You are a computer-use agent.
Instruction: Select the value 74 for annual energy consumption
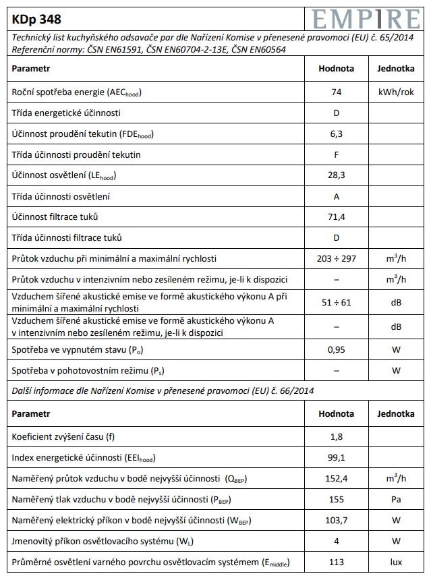336,92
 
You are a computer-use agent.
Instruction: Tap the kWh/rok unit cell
396,92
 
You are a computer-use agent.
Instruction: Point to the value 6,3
336,134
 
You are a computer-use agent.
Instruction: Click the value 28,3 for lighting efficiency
336,175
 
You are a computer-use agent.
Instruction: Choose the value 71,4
336,217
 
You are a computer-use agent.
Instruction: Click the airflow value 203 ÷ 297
336,259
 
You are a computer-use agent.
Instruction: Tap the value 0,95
336,349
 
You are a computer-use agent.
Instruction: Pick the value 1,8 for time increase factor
336,437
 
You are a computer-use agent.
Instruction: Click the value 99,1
336,458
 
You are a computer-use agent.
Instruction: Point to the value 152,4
336,479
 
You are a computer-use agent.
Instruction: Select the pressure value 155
336,500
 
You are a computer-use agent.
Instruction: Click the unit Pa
396,500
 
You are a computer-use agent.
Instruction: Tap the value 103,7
336,521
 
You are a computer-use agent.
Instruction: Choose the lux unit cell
396,562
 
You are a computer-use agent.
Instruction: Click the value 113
336,562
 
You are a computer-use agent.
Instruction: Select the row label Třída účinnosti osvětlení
61,197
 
